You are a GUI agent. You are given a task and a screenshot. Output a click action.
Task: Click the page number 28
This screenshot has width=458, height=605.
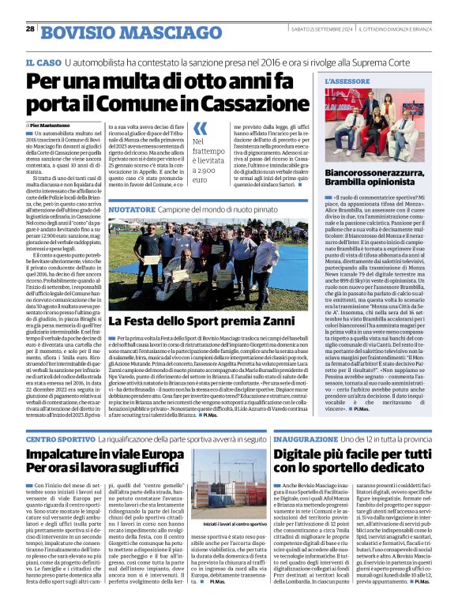tap(30, 28)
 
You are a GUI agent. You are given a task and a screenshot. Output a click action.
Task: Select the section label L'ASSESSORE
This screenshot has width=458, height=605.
tap(347, 81)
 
